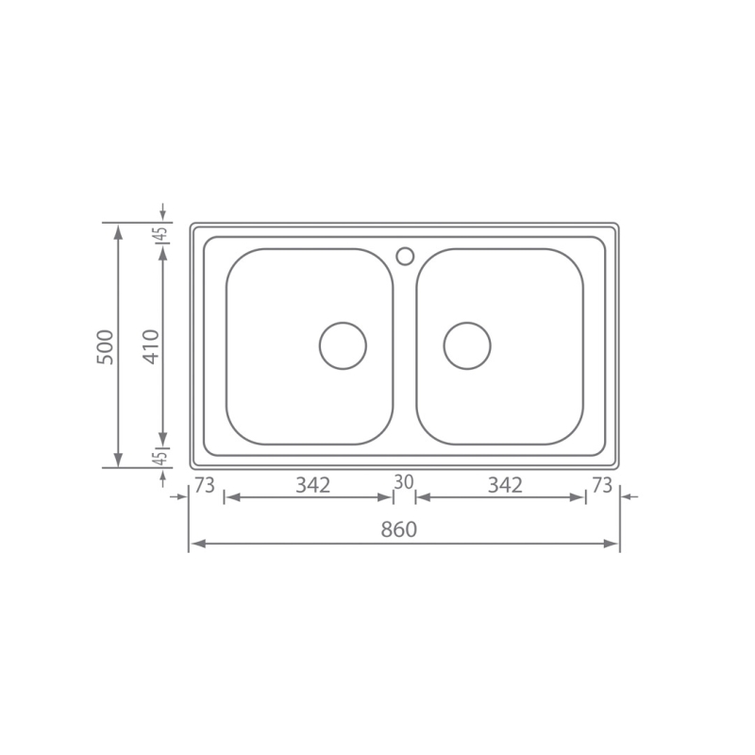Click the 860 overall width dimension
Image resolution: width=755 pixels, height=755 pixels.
click(398, 529)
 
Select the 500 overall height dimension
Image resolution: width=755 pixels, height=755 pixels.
click(106, 346)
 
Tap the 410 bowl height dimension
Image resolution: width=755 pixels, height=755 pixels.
click(151, 346)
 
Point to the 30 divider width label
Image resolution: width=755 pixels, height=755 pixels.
click(404, 481)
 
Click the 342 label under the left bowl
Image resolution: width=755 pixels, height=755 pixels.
click(313, 485)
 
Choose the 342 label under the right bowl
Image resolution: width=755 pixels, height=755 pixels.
click(505, 485)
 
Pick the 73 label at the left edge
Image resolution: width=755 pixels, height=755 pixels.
click(204, 485)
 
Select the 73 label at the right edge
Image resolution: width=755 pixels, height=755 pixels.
click(602, 485)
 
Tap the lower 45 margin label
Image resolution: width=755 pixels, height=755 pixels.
click(160, 458)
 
